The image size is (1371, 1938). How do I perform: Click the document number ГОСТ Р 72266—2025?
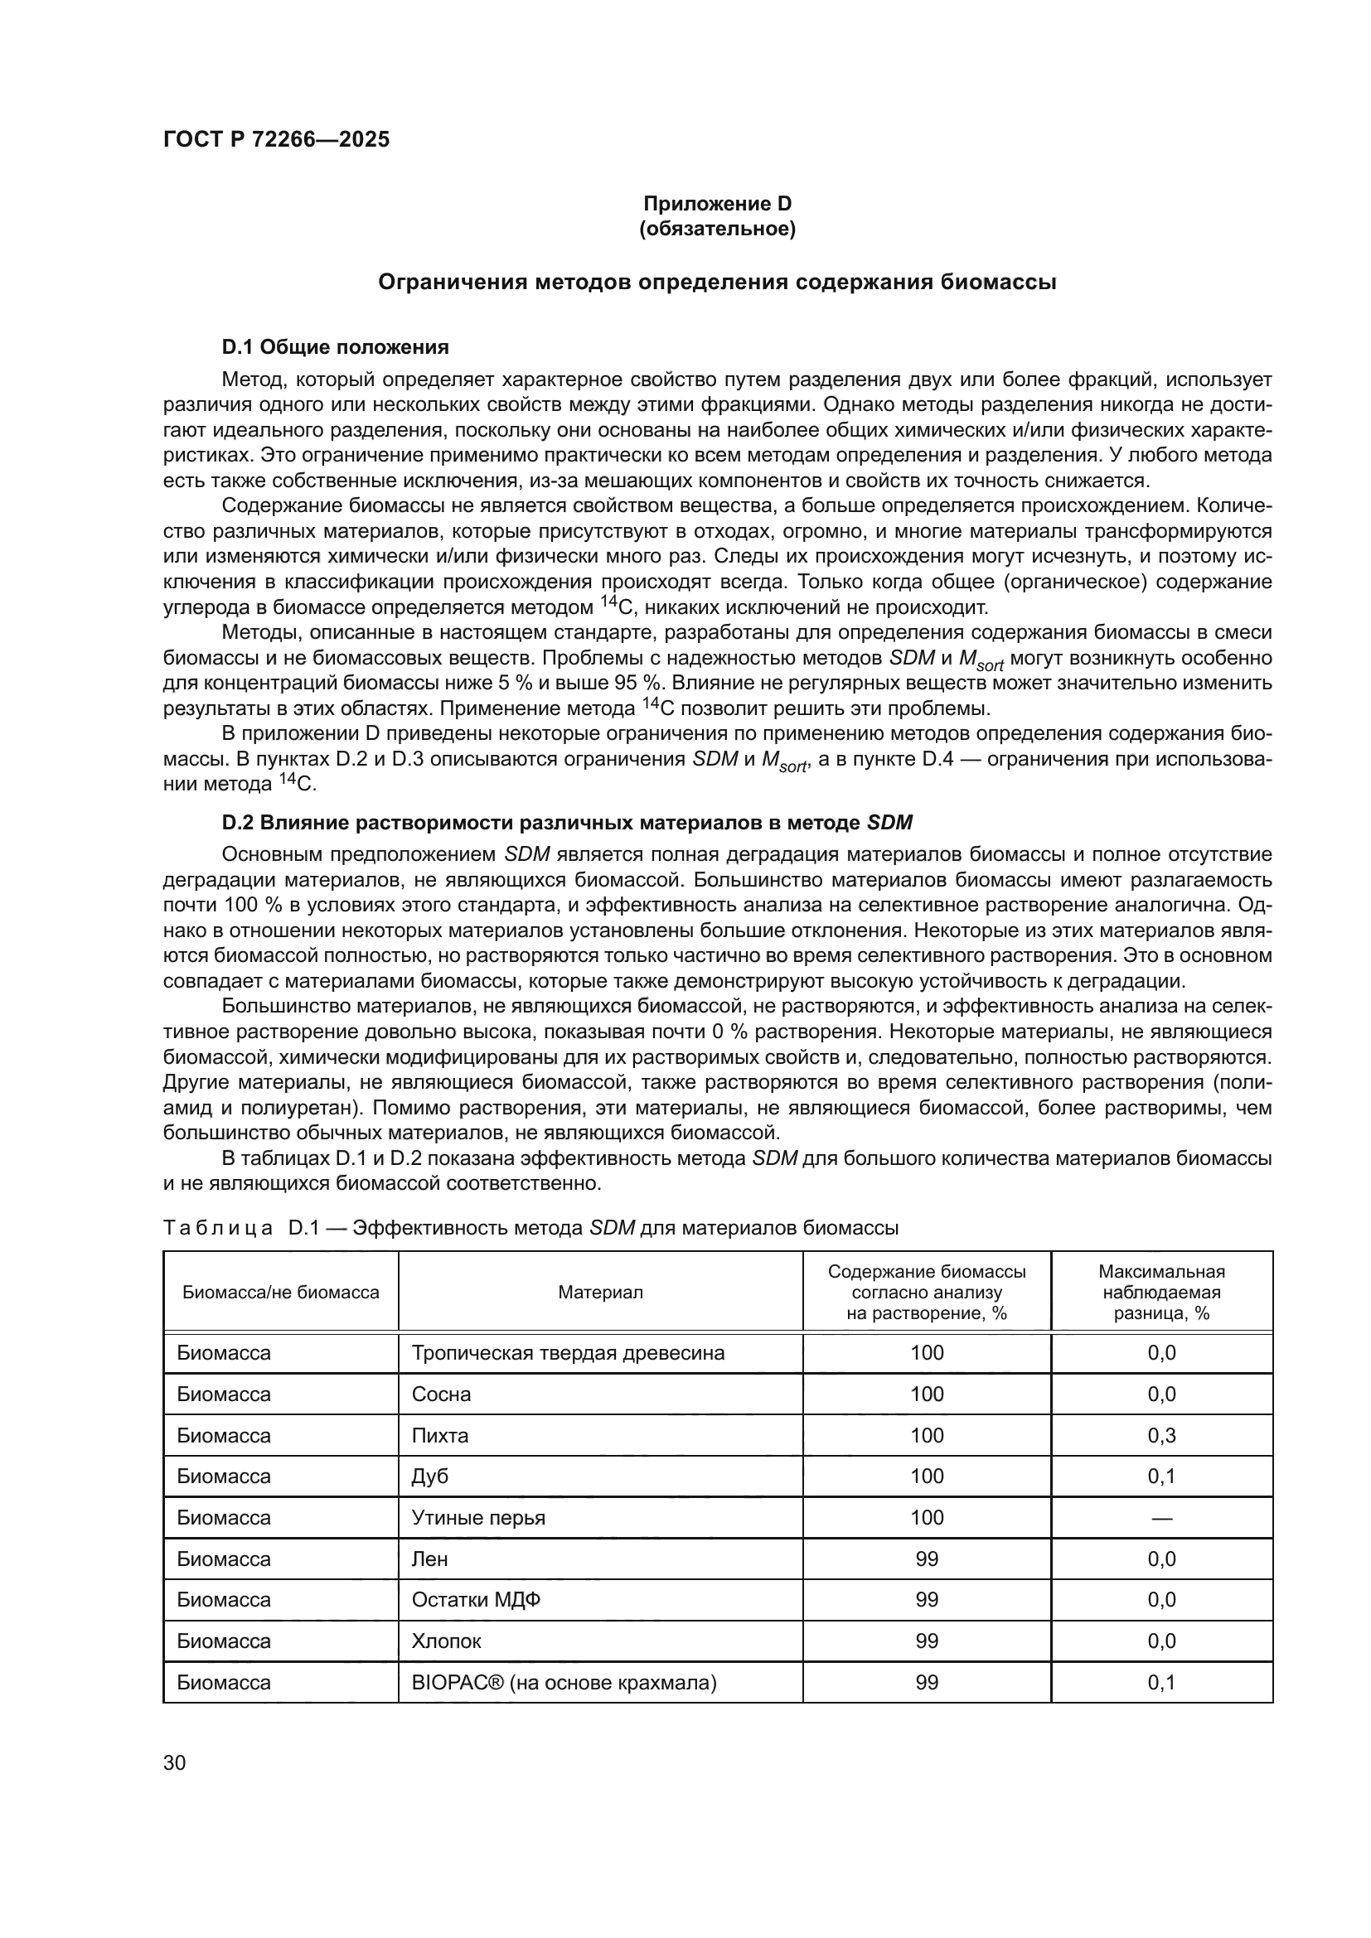coord(276,139)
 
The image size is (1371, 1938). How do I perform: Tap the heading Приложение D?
coord(717,204)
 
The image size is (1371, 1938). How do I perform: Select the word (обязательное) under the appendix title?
coord(717,229)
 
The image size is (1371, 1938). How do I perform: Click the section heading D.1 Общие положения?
coord(335,347)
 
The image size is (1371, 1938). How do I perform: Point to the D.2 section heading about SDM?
coord(566,822)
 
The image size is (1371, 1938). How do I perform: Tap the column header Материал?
coord(600,1293)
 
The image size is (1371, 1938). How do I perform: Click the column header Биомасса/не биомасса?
coord(281,1293)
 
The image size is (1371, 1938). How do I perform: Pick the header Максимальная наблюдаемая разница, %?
coord(1160,1293)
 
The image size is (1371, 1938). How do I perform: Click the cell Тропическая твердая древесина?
coord(568,1353)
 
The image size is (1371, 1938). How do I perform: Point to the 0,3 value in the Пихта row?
coord(1160,1436)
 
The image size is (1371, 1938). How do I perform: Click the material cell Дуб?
coord(430,1476)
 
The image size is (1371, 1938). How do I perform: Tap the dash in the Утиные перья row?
coord(1160,1518)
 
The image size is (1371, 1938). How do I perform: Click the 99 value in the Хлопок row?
coord(926,1641)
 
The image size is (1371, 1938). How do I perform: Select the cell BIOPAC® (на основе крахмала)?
coord(564,1682)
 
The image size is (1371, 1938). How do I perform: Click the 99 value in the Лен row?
coord(926,1559)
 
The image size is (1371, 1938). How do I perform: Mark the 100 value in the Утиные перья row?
coord(926,1518)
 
